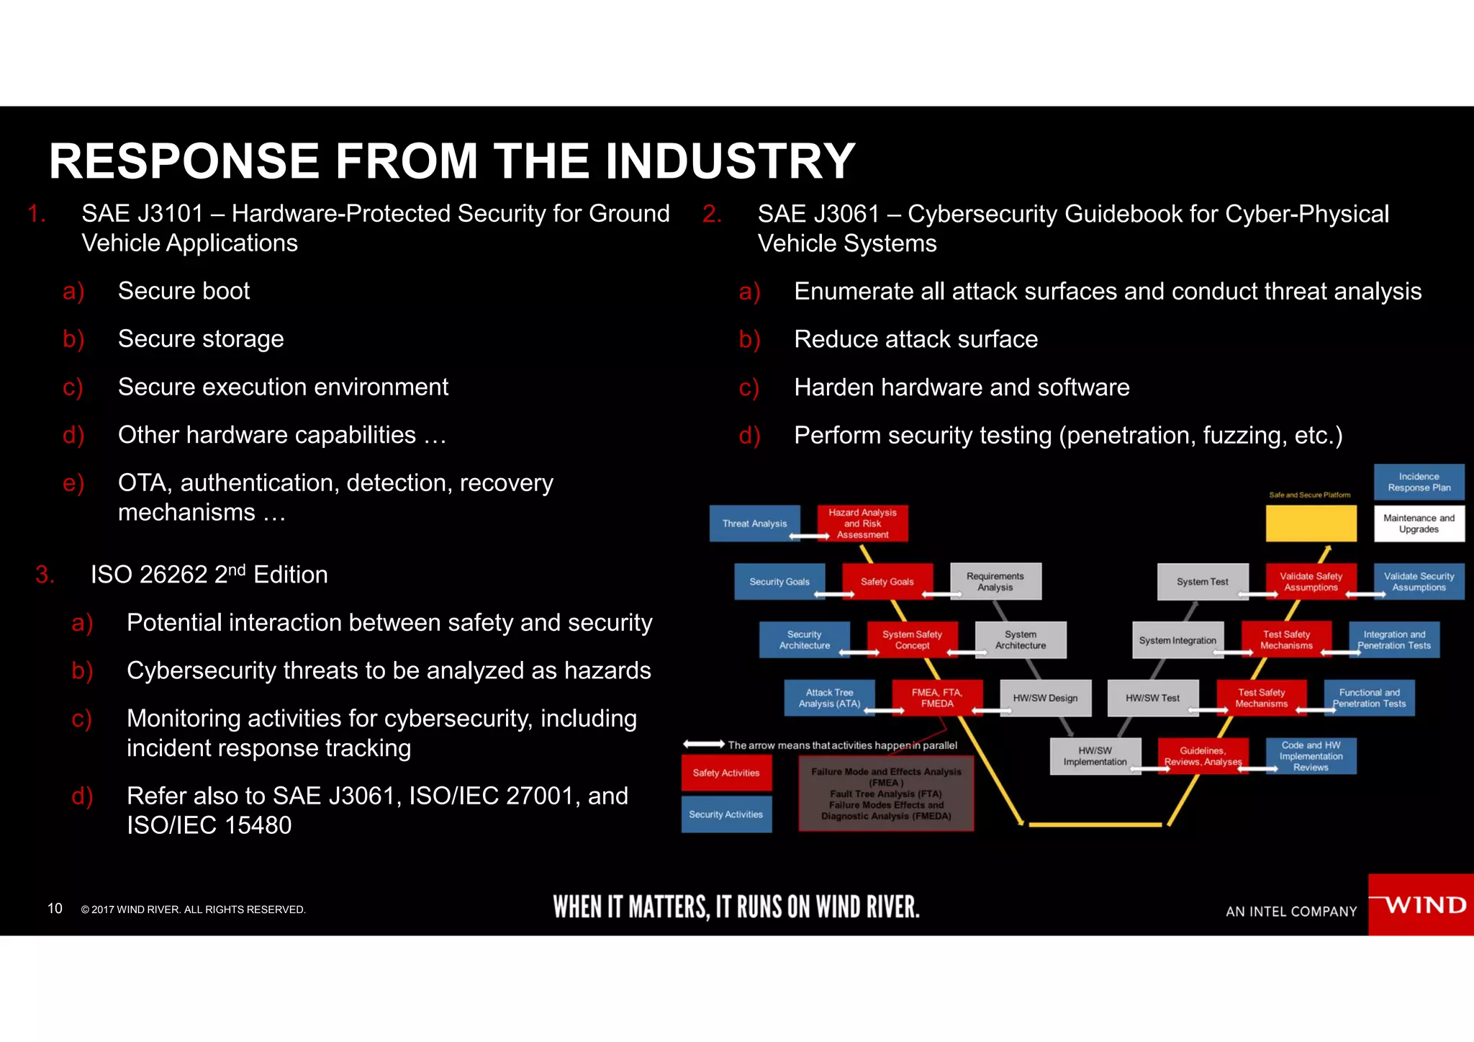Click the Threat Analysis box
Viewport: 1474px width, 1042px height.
coord(754,524)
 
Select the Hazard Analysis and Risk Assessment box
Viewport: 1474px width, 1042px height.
coord(862,524)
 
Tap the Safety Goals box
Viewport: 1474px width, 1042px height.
coord(887,582)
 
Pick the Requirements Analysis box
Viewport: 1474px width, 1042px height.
coord(995,582)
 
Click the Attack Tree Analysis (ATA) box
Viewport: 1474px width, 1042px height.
coord(829,698)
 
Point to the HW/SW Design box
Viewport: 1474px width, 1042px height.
coord(1045,698)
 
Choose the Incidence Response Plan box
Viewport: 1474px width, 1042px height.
coord(1419,482)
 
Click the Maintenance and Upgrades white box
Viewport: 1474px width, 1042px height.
coord(1419,524)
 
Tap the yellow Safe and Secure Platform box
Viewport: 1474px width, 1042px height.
coord(1311,524)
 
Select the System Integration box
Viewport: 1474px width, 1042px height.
coord(1177,640)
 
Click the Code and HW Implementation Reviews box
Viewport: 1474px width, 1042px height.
coord(1311,756)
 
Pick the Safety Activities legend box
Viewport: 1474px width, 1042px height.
coord(726,773)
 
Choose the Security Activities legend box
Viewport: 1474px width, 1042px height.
coord(726,814)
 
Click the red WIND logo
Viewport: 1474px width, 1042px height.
coord(1421,904)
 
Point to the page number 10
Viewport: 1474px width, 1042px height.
coord(55,909)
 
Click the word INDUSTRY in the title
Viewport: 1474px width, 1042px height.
coord(731,161)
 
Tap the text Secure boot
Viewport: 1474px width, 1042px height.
coord(184,291)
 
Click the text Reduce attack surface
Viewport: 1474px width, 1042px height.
coord(915,339)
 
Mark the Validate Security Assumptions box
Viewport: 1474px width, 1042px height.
coord(1419,582)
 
